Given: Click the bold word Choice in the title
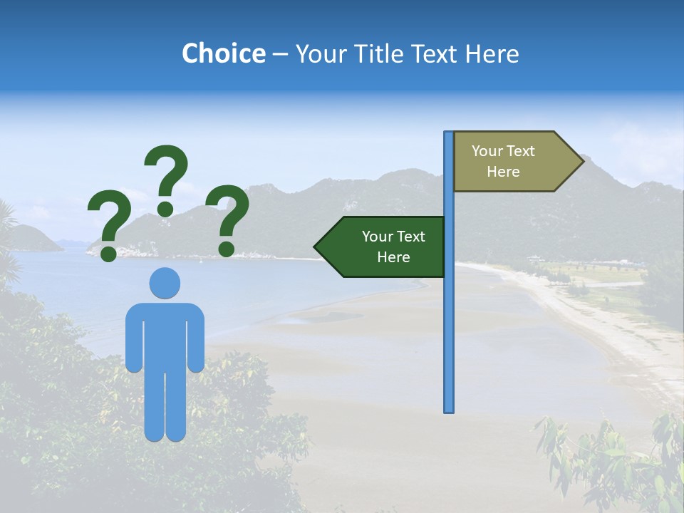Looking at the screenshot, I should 223,53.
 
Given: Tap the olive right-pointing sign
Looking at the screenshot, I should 509,162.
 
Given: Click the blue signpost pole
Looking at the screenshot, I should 449,321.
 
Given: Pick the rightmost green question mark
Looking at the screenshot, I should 228,217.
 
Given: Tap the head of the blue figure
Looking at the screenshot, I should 165,283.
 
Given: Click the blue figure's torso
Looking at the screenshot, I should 165,335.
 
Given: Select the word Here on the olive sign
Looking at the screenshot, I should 503,172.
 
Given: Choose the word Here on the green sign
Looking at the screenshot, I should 393,257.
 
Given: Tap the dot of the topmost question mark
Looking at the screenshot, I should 165,209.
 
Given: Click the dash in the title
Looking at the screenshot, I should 280,54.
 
